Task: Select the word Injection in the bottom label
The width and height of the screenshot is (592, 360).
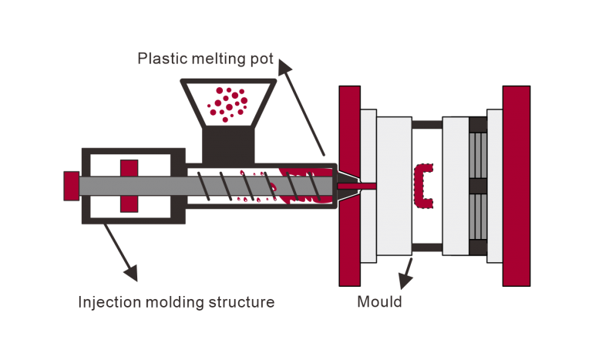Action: (107, 301)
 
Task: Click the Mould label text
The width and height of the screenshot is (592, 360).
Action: (379, 301)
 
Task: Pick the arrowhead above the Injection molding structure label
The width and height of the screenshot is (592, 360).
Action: (131, 272)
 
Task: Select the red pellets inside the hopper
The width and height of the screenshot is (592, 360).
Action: (228, 103)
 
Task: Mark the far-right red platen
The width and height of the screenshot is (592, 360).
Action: (516, 185)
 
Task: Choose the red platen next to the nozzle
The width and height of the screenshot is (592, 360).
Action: (350, 185)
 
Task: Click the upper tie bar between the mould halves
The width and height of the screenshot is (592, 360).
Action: (427, 124)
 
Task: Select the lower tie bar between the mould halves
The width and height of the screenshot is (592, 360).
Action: (427, 247)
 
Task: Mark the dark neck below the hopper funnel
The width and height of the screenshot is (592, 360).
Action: (227, 146)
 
